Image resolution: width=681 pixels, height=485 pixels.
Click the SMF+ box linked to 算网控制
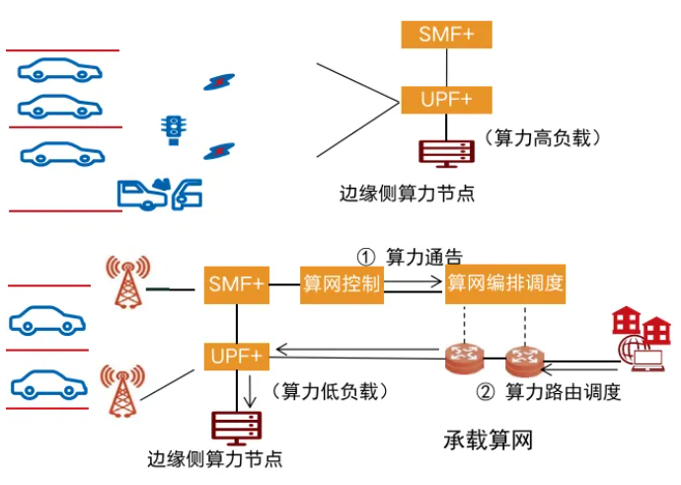237,284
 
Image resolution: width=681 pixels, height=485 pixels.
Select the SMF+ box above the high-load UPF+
446,35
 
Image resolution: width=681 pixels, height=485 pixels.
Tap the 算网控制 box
340,284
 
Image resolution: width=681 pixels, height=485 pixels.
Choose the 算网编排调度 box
505,284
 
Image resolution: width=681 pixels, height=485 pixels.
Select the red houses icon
639,323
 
